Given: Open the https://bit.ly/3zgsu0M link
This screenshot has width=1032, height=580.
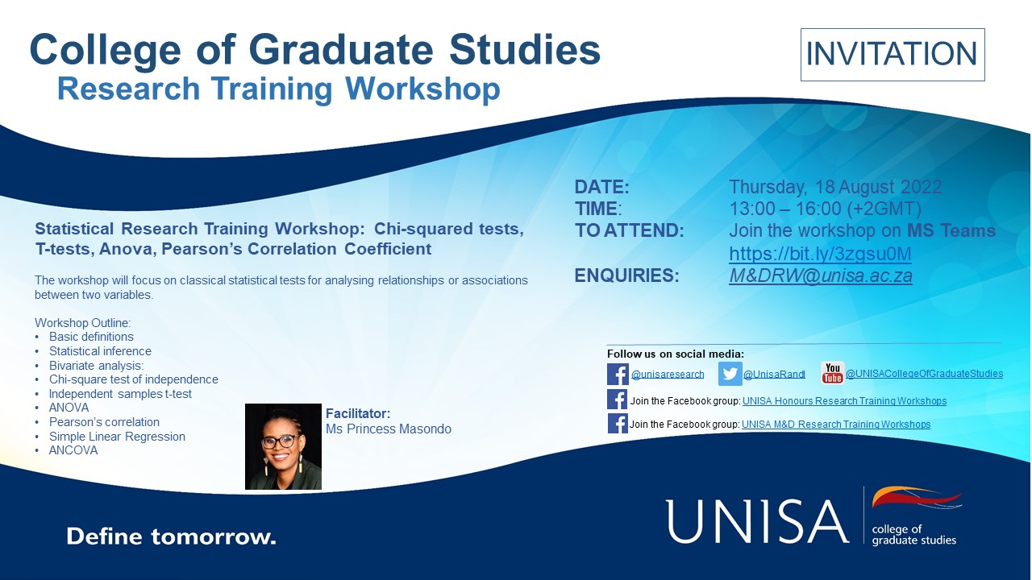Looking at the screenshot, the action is pyautogui.click(x=820, y=254).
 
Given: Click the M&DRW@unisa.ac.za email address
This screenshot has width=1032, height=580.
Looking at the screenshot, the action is pyautogui.click(x=821, y=275).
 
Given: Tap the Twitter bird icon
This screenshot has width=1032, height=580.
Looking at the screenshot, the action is pyautogui.click(x=730, y=373).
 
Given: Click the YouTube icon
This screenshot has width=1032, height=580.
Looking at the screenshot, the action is pyautogui.click(x=833, y=373).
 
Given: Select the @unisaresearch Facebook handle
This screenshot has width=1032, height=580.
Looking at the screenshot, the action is pyautogui.click(x=668, y=375).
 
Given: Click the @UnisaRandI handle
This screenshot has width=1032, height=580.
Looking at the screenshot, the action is pyautogui.click(x=774, y=375).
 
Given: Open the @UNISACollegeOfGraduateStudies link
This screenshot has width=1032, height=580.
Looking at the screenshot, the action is pyautogui.click(x=924, y=373).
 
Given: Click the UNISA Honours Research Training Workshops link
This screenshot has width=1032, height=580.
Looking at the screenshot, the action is pyautogui.click(x=844, y=401).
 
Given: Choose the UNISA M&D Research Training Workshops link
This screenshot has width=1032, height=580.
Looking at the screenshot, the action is pyautogui.click(x=836, y=424).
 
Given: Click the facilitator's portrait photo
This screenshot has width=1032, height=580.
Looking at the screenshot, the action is pyautogui.click(x=283, y=446).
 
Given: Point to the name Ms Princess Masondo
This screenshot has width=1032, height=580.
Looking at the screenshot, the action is pyautogui.click(x=389, y=429).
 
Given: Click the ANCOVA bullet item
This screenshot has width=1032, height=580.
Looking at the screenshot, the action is pyautogui.click(x=73, y=450).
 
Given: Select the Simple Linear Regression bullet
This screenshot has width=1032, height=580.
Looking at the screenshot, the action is pyautogui.click(x=117, y=437).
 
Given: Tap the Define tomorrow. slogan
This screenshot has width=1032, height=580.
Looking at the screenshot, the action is pyautogui.click(x=172, y=536).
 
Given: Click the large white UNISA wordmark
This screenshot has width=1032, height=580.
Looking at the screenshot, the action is pyautogui.click(x=757, y=521).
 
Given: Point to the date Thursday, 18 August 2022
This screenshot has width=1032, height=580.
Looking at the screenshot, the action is pyautogui.click(x=835, y=187).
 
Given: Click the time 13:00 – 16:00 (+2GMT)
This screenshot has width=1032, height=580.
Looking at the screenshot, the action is pyautogui.click(x=825, y=209).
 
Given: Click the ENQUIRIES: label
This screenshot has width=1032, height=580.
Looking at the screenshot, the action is pyautogui.click(x=626, y=275).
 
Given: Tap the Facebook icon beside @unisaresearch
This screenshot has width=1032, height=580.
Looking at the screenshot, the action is pyautogui.click(x=618, y=374).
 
